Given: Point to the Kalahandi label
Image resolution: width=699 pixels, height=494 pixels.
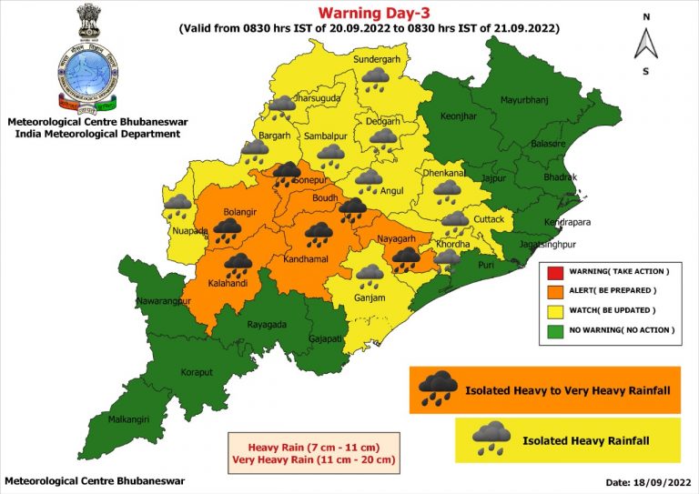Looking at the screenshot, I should [229, 283].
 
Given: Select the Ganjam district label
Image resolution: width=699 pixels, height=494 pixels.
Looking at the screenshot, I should [371, 297].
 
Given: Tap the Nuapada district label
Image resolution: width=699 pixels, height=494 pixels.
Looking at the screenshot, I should [189, 231].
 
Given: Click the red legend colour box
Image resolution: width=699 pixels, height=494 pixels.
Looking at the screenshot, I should [552, 272].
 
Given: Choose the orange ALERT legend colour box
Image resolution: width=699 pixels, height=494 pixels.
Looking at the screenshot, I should [552, 291].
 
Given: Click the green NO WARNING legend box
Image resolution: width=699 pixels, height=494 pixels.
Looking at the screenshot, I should [552, 329].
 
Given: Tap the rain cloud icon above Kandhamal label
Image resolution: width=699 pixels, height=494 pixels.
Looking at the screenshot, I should [319, 233].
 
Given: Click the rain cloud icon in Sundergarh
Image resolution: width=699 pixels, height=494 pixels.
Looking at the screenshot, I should [375, 80].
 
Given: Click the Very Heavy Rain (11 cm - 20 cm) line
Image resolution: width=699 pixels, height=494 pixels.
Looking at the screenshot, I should [316, 460].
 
